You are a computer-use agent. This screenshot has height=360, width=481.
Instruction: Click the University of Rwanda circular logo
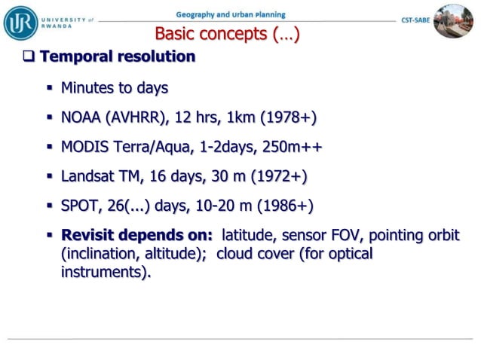point(20,21)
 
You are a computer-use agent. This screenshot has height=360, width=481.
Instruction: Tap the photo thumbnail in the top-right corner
point(454,20)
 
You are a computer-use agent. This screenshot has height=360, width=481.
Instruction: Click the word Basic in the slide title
point(178,34)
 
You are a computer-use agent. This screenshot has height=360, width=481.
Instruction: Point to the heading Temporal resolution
point(118,56)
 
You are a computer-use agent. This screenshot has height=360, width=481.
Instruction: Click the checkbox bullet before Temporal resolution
point(29,56)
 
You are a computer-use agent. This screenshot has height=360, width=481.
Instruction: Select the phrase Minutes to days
point(115,88)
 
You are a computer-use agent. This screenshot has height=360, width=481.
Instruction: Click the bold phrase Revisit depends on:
point(137,235)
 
